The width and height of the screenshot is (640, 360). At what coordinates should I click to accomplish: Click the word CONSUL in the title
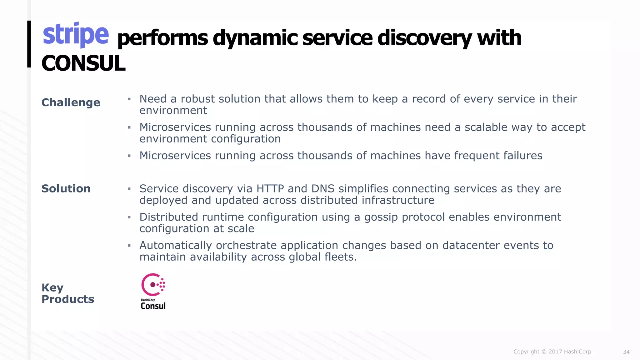(x=83, y=63)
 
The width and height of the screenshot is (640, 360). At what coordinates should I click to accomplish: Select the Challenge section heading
(x=71, y=102)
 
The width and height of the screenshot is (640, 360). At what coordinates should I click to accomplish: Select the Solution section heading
(x=66, y=189)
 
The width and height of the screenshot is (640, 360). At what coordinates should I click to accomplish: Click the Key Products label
(x=67, y=293)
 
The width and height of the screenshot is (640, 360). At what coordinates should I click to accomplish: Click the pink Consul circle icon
(x=153, y=285)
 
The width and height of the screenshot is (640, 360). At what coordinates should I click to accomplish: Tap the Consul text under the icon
(x=153, y=306)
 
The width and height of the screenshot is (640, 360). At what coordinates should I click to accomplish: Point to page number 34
(x=626, y=352)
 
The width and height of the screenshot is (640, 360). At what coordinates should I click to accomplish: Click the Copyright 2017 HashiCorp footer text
(x=552, y=352)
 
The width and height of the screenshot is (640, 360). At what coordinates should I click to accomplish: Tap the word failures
(x=522, y=156)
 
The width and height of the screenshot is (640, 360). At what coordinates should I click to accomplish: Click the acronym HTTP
(x=270, y=189)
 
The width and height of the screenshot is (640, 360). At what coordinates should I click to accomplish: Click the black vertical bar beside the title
(x=29, y=44)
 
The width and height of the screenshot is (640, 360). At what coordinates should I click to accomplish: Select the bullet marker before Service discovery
(x=129, y=189)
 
